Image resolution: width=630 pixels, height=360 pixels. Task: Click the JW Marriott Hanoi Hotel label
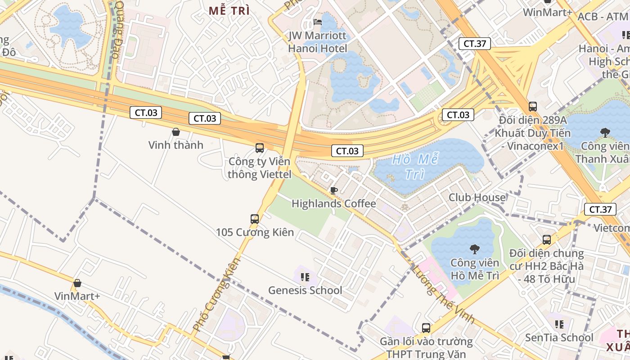pyautogui.click(x=318, y=42)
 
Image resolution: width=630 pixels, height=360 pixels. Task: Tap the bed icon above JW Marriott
pyautogui.click(x=318, y=22)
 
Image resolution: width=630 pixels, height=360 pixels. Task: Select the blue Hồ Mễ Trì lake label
pyautogui.click(x=414, y=166)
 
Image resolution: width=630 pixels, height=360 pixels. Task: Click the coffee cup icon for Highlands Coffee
pyautogui.click(x=333, y=190)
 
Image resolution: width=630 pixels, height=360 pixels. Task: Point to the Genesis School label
pyautogui.click(x=305, y=290)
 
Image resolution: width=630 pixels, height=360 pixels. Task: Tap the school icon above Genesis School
pyautogui.click(x=305, y=277)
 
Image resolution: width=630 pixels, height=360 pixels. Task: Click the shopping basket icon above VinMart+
pyautogui.click(x=77, y=283)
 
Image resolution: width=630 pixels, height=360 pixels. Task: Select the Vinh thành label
pyautogui.click(x=176, y=145)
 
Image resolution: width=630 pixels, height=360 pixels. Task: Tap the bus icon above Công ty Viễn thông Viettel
pyautogui.click(x=260, y=148)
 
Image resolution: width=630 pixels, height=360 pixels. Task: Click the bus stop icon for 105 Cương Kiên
pyautogui.click(x=255, y=219)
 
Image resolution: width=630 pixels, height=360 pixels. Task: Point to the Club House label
pyautogui.click(x=477, y=197)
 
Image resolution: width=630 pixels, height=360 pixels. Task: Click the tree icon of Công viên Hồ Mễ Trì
pyautogui.click(x=474, y=249)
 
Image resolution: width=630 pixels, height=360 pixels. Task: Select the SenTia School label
pyautogui.click(x=559, y=337)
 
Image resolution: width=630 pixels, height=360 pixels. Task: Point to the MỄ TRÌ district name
pyautogui.click(x=229, y=11)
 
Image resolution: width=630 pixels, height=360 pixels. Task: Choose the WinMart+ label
pyautogui.click(x=547, y=12)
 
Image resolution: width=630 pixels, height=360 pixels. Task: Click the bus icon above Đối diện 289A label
pyautogui.click(x=533, y=107)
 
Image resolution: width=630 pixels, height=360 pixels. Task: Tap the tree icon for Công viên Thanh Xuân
pyautogui.click(x=605, y=132)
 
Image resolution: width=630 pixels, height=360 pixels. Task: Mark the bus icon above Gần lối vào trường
pyautogui.click(x=426, y=328)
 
